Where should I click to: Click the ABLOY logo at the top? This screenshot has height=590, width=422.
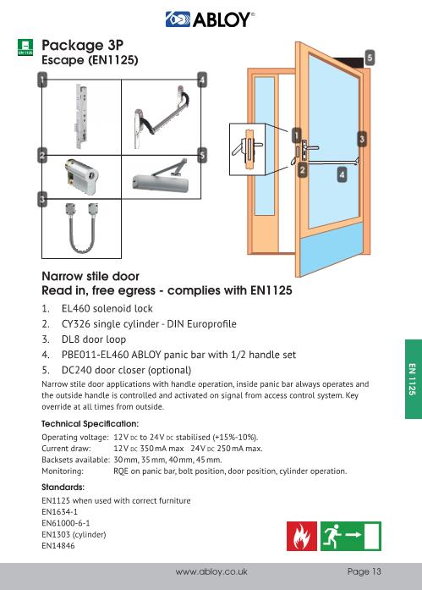click(211, 18)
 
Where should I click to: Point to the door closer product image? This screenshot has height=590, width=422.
click(162, 176)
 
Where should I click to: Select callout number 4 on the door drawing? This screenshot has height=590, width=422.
click(342, 174)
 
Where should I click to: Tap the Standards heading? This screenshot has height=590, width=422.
click(63, 488)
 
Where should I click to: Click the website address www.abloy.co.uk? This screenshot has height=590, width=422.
click(211, 571)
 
